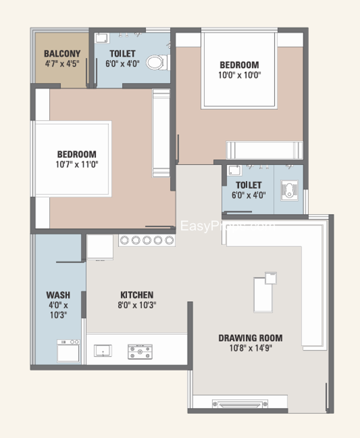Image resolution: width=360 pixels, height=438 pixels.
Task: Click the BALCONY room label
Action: (x=62, y=54)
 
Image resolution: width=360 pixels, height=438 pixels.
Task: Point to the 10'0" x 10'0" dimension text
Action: (x=239, y=75)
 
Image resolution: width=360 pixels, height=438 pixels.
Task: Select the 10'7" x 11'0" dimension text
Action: (x=77, y=164)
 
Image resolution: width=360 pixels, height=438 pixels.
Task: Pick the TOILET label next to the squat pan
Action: (x=248, y=185)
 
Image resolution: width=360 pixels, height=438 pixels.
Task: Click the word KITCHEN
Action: (x=137, y=295)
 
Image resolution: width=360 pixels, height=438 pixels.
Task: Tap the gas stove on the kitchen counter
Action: (x=140, y=351)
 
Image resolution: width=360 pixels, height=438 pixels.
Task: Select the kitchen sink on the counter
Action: (x=102, y=350)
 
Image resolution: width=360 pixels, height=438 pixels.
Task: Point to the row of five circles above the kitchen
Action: (x=147, y=240)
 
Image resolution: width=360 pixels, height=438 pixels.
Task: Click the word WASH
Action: (x=57, y=295)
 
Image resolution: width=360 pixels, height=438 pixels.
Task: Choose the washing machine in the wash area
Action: (x=68, y=350)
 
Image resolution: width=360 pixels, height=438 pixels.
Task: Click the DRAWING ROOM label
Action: (x=250, y=338)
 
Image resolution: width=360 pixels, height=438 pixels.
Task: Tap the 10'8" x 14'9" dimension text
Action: (x=250, y=348)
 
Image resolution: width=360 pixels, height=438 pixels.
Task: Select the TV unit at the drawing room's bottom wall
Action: (x=240, y=405)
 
